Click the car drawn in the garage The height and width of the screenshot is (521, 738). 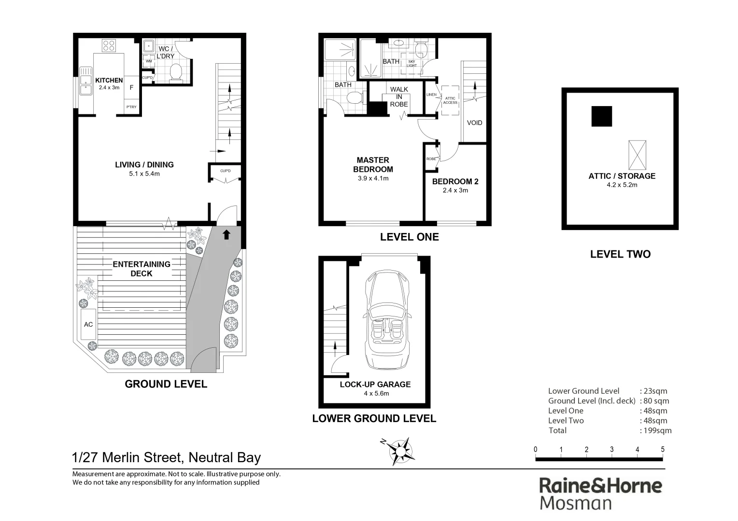pos(387,320)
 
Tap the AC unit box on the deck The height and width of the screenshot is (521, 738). pos(88,325)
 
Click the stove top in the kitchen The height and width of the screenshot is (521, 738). pos(109,46)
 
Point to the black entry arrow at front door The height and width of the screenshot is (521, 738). pos(226,235)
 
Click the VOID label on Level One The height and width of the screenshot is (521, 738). pos(474,123)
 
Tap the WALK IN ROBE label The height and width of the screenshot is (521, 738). pos(399,96)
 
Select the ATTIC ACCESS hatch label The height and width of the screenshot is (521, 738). pos(450,100)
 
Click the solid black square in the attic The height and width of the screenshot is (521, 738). pos(602,116)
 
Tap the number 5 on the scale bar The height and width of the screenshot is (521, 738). pos(663,450)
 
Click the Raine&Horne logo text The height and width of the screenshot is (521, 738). pos(600,485)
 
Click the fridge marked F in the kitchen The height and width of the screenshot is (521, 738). pos(131,88)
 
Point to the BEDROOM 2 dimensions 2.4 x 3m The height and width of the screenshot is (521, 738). pos(455,190)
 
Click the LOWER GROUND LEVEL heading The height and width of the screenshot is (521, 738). pos(374,419)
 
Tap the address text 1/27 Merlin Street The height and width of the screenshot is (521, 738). pos(166,457)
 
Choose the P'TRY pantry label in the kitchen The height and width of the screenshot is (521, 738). pos(131,107)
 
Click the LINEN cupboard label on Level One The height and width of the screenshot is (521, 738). pos(431,95)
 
